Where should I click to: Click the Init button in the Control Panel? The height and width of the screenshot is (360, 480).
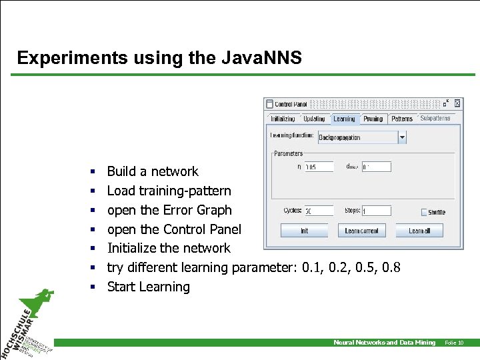tap(304, 231)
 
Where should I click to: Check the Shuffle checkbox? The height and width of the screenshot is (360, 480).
tap(424, 212)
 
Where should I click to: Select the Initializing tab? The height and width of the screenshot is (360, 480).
tap(283, 119)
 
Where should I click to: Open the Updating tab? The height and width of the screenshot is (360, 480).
tap(314, 119)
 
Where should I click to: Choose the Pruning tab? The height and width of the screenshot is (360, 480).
tap(373, 119)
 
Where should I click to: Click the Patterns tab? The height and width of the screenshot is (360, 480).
tap(402, 119)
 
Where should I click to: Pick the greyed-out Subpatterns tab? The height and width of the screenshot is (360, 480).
tap(435, 119)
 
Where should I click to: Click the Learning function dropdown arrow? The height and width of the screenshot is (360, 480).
tap(402, 137)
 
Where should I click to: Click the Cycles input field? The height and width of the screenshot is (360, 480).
tap(319, 211)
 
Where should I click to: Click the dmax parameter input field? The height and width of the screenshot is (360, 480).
tap(376, 167)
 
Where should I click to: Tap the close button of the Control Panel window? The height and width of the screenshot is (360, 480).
tap(457, 104)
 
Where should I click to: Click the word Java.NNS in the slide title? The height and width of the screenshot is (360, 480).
tap(261, 58)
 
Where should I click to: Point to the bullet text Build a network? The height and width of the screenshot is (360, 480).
tap(153, 171)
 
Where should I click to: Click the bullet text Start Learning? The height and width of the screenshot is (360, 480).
tap(148, 287)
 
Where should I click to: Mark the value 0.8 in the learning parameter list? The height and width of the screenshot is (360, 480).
tap(391, 267)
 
